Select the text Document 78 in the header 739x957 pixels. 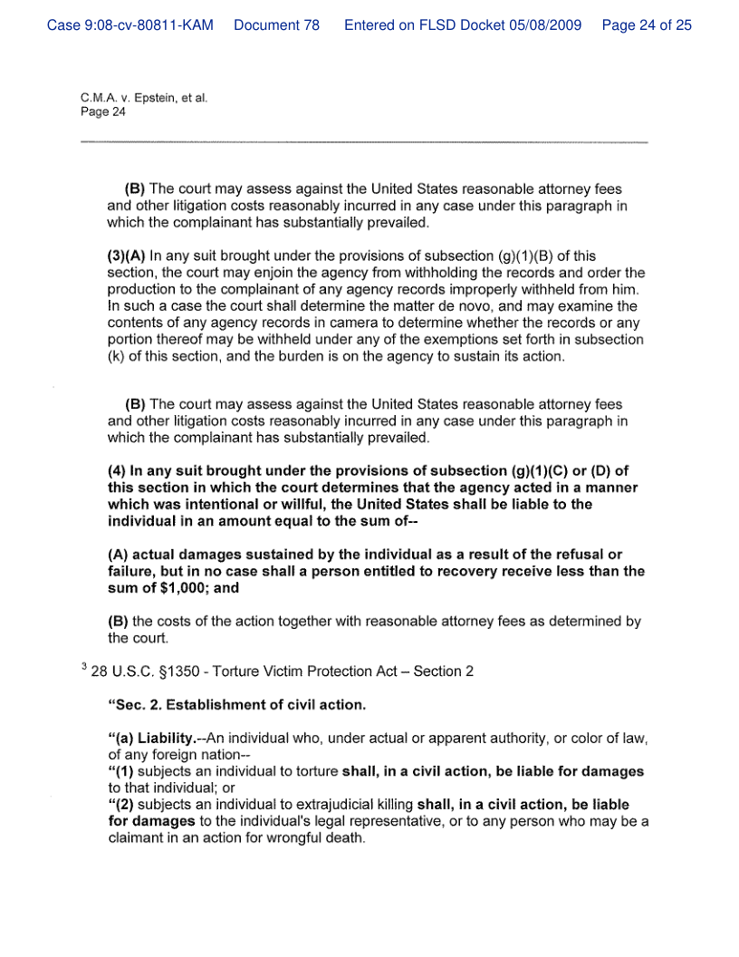(x=276, y=25)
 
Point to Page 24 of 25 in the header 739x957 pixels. (x=646, y=25)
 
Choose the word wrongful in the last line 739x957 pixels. (x=285, y=837)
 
